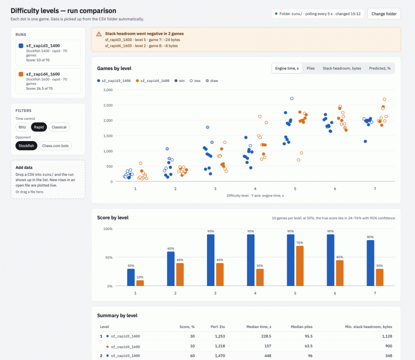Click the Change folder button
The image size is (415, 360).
point(384,14)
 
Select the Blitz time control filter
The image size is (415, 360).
point(22,127)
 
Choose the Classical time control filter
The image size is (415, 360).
point(59,127)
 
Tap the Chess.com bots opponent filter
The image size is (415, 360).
point(55,146)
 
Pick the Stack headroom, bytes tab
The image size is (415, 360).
point(342,68)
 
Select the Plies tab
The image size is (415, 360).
point(311,68)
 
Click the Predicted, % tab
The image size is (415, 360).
point(379,68)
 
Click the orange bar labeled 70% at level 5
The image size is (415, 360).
point(300,266)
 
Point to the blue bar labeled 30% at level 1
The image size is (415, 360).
point(131,277)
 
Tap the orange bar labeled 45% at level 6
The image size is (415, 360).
point(340,273)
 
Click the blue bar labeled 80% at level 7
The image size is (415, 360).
point(370,263)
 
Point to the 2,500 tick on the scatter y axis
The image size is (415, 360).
point(108,105)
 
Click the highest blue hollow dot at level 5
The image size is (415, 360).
point(292,99)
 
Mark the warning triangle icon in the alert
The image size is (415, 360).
point(99,34)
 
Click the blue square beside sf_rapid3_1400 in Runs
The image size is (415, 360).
point(21,46)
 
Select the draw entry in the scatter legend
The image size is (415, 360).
point(212,81)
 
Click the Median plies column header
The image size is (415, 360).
point(302,326)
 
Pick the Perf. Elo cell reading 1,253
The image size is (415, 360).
point(220,336)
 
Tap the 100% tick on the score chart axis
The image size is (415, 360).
point(107,228)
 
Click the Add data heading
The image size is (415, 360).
point(24,167)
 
